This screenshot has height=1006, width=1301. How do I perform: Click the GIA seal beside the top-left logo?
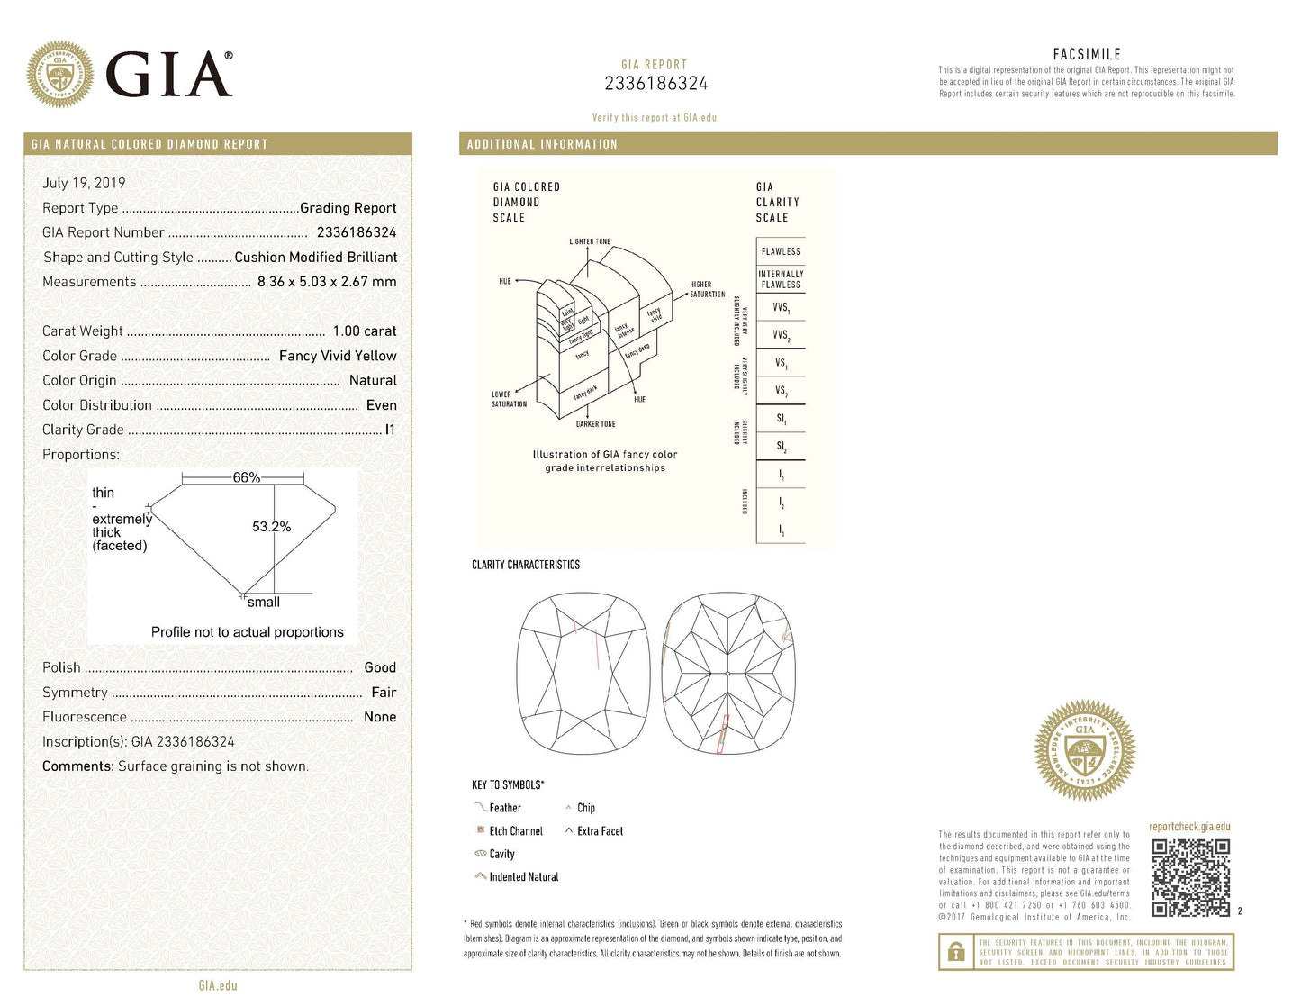coord(59,75)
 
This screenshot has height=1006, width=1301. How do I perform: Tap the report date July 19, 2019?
coord(84,183)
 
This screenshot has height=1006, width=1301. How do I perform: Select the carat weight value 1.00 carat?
coord(364,331)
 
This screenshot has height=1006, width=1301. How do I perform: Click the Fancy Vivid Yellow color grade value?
coord(337,356)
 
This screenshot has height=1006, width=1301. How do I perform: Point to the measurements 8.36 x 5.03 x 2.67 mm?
coord(326,282)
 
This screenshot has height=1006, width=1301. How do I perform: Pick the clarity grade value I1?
coord(390,430)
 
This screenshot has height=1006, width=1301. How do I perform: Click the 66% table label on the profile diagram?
coord(246,477)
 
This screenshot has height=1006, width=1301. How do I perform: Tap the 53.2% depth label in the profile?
coord(271,527)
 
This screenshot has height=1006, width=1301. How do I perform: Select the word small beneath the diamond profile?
coord(264,602)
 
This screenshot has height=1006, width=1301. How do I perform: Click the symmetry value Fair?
coord(384,693)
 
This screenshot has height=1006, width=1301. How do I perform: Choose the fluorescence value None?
coord(380,717)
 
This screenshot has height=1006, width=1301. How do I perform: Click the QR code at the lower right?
coord(1190,877)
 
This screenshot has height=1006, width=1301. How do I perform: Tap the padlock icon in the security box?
coord(956,952)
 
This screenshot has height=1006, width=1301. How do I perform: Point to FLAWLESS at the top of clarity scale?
coord(781,251)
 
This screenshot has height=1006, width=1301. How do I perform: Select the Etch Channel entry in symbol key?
coord(515,831)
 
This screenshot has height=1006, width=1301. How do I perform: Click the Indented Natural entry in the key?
coord(523,877)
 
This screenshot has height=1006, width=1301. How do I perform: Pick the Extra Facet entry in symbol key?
coord(600,831)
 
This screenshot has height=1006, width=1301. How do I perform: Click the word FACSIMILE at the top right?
coord(1087,54)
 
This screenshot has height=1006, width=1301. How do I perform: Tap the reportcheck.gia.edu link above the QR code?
coord(1189,827)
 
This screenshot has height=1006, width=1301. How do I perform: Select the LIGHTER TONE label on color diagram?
coord(589,241)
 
